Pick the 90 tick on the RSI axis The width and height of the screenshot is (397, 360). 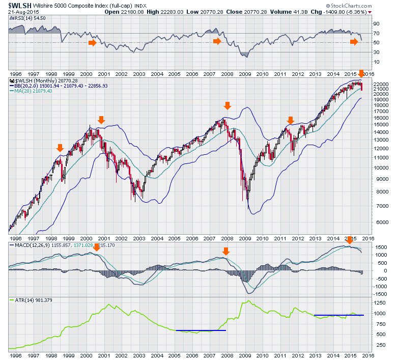[x=376, y=23]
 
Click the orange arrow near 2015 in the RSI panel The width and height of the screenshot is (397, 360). [x=354, y=42]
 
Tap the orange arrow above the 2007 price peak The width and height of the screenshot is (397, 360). [x=227, y=105]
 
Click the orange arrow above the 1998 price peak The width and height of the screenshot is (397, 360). [x=60, y=148]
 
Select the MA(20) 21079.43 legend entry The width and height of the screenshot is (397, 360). [x=31, y=91]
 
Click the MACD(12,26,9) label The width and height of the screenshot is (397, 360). [x=31, y=245]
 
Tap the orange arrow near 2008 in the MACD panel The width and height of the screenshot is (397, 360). [x=226, y=251]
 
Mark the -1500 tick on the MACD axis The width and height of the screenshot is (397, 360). [x=379, y=294]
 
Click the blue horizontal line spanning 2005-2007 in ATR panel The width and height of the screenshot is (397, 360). [x=201, y=330]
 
